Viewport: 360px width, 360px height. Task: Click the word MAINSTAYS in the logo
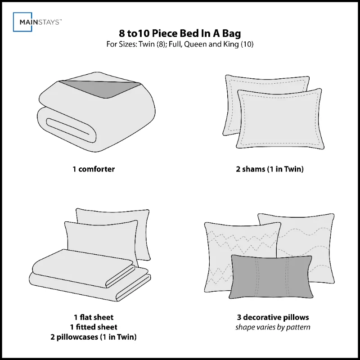(45, 22)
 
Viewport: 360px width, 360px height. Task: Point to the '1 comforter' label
(94, 170)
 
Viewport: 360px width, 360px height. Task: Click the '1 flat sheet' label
(94, 317)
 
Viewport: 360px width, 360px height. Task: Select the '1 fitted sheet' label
(94, 327)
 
